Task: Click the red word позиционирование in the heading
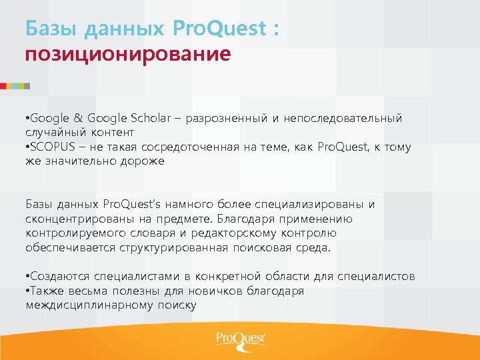128,53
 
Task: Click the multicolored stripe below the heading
15,86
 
